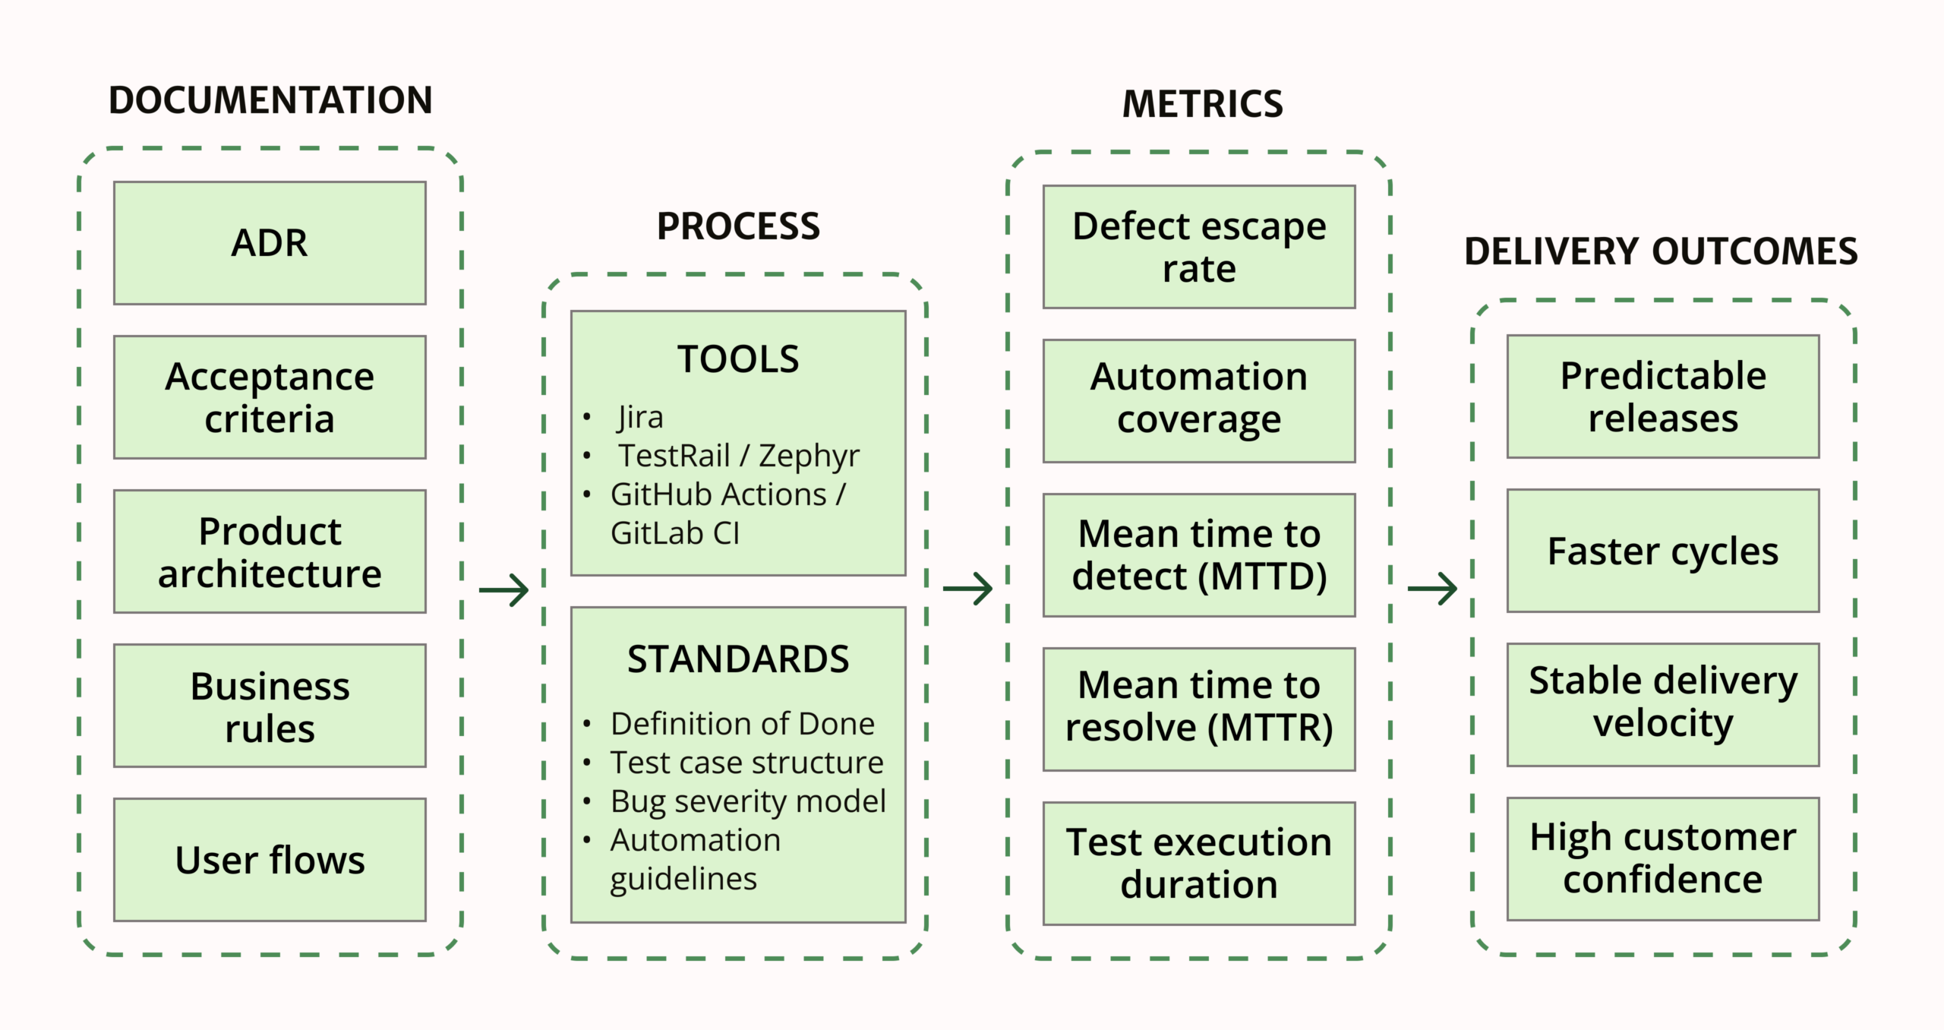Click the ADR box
point(270,243)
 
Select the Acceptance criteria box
point(270,397)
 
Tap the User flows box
point(270,860)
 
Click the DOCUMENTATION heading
point(270,100)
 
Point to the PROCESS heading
point(738,226)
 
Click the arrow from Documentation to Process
point(504,589)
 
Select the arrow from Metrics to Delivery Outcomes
point(1432,588)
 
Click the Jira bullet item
point(640,417)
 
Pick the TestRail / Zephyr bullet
point(738,456)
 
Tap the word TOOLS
point(738,359)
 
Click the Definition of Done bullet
point(742,724)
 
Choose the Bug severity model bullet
point(748,801)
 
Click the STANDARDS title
point(738,659)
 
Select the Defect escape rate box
point(1199,247)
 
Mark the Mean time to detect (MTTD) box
point(1199,555)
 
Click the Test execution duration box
point(1199,864)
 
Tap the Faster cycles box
point(1663,551)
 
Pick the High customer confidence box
point(1663,858)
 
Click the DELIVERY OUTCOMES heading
point(1661,251)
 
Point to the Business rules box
point(270,706)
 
